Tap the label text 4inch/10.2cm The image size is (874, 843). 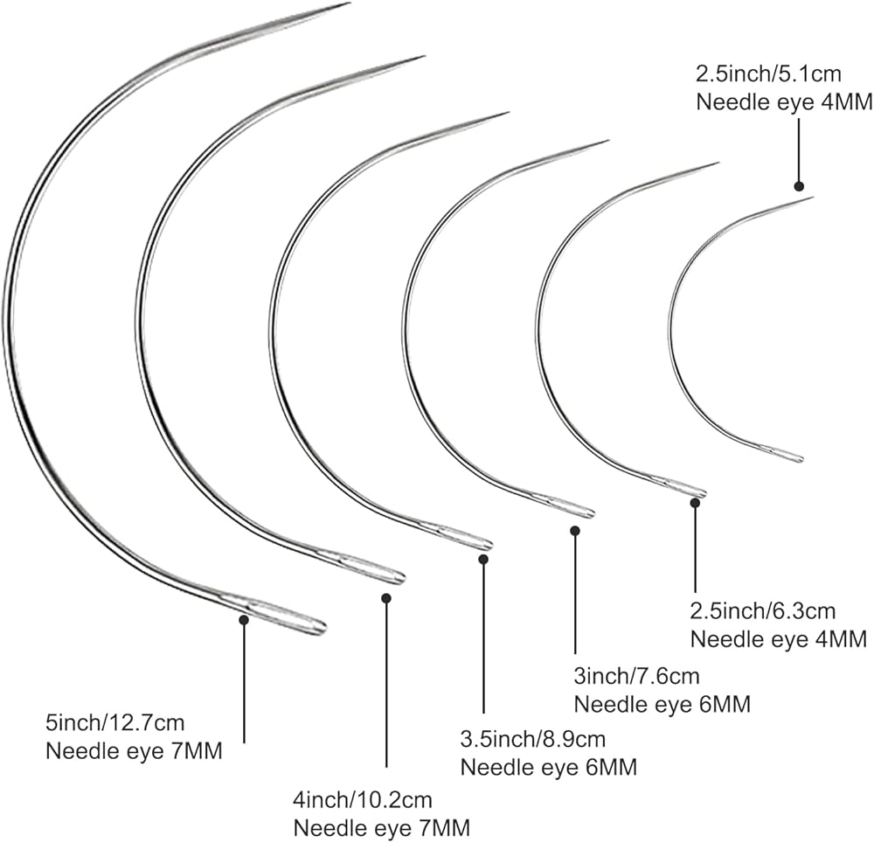[363, 799]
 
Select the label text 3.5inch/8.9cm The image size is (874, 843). [532, 740]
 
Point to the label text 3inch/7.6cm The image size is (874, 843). [637, 675]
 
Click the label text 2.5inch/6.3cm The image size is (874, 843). [763, 610]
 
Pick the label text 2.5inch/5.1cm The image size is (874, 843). [769, 73]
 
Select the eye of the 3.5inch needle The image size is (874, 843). [463, 537]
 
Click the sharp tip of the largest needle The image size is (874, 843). [347, 4]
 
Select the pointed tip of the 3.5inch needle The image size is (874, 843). [506, 113]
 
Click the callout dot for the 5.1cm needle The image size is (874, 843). [798, 185]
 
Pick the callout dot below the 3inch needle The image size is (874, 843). [574, 529]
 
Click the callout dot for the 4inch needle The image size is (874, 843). [386, 598]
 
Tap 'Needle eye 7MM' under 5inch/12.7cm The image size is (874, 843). [134, 751]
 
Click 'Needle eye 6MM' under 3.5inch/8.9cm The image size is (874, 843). [548, 768]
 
